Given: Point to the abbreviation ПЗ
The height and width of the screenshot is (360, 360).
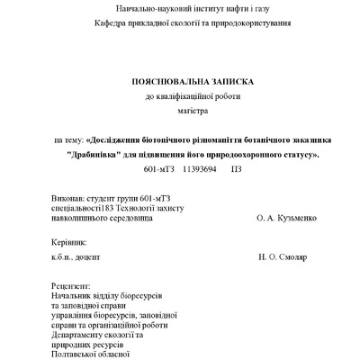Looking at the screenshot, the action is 237,168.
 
